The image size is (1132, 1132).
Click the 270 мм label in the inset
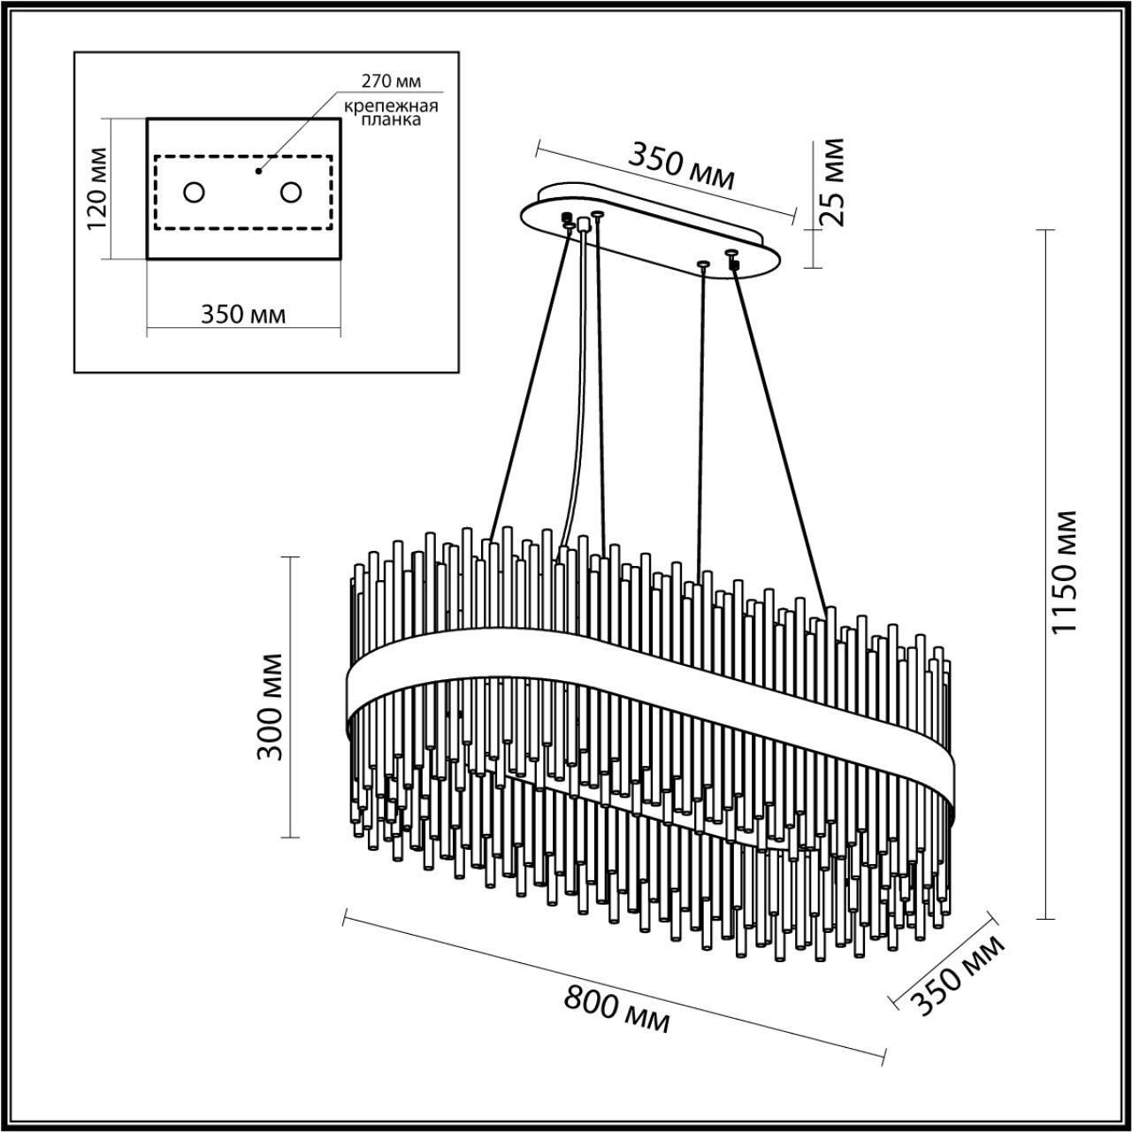[x=390, y=81]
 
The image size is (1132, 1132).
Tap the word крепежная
[x=392, y=106]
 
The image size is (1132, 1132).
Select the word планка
[x=394, y=120]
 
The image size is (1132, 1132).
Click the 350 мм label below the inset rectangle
[x=243, y=314]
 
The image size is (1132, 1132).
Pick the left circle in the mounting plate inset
[x=194, y=191]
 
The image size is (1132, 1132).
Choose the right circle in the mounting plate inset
[x=291, y=191]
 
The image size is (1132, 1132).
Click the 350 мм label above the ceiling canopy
[x=681, y=165]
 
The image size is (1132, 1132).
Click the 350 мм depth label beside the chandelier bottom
[x=959, y=975]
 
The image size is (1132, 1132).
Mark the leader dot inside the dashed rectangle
[x=258, y=170]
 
